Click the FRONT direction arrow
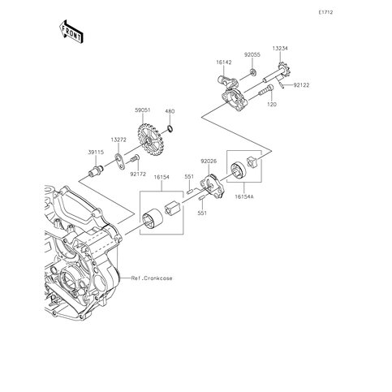coord(71,32)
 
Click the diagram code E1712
coord(325,12)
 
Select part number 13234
coord(280,49)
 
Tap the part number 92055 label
coord(252,54)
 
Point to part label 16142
coord(224,62)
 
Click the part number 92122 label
coord(301,85)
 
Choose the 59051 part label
coord(143,110)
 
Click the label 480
coord(170,111)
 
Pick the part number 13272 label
coord(118,140)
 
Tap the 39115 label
coord(96,153)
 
